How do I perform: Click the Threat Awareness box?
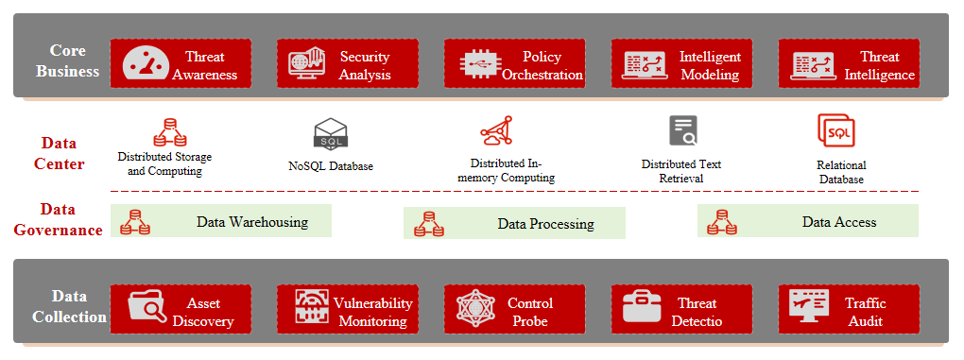pyautogui.click(x=181, y=63)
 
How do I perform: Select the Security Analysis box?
pyautogui.click(x=348, y=63)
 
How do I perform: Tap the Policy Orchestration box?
pyautogui.click(x=514, y=63)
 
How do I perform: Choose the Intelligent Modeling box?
pyautogui.click(x=681, y=63)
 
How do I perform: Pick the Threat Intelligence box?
pyautogui.click(x=849, y=63)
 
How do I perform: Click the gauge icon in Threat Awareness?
pyautogui.click(x=146, y=63)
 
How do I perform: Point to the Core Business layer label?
pyautogui.click(x=68, y=60)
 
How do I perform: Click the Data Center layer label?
pyautogui.click(x=59, y=154)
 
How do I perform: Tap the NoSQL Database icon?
pyautogui.click(x=331, y=133)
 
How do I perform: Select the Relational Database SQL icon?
pyautogui.click(x=836, y=130)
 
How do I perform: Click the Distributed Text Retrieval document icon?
pyautogui.click(x=683, y=130)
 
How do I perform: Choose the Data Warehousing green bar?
pyautogui.click(x=221, y=220)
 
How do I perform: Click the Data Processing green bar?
pyautogui.click(x=514, y=223)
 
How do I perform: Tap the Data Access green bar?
pyautogui.click(x=808, y=220)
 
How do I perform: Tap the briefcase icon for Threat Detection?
pyautogui.click(x=642, y=307)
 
